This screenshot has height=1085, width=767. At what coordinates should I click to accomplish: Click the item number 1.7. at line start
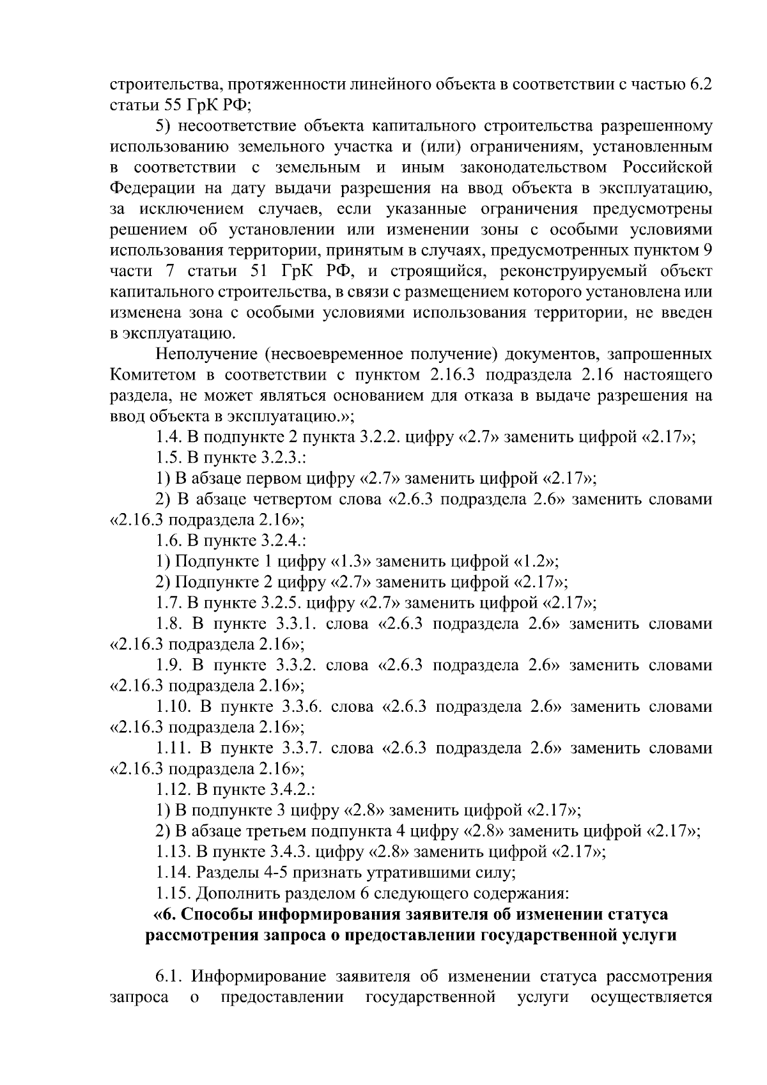(169, 603)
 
